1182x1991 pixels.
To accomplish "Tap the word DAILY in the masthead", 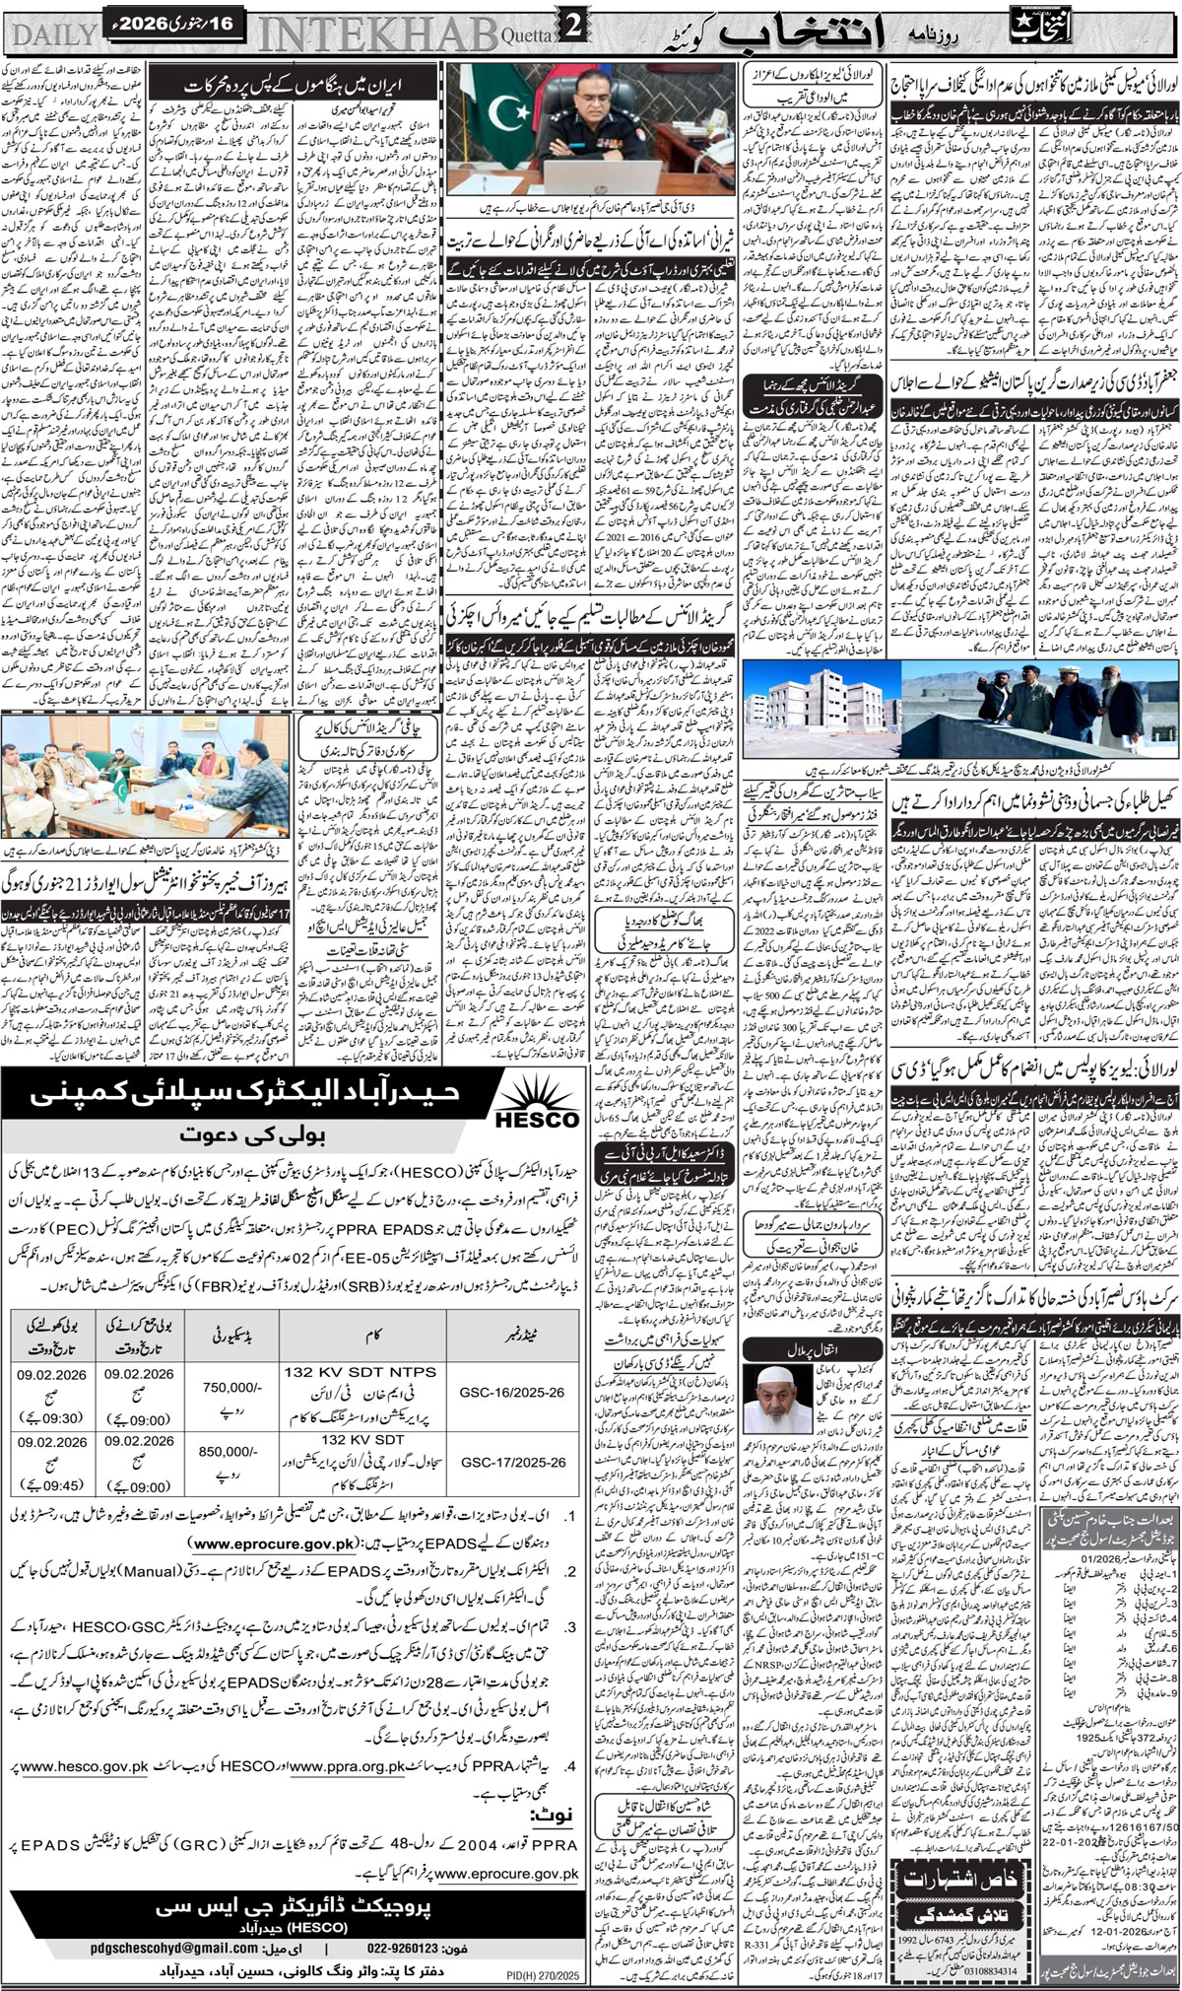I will tap(51, 34).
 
